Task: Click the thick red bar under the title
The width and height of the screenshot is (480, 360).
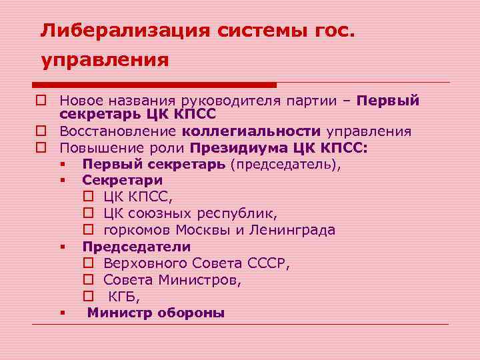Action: (155, 85)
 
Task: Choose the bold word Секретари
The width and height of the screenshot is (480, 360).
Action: (122, 180)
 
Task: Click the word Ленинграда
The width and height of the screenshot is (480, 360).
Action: (293, 230)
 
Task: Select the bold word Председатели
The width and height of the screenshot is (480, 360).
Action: (137, 247)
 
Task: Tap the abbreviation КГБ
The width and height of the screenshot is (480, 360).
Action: (123, 297)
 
